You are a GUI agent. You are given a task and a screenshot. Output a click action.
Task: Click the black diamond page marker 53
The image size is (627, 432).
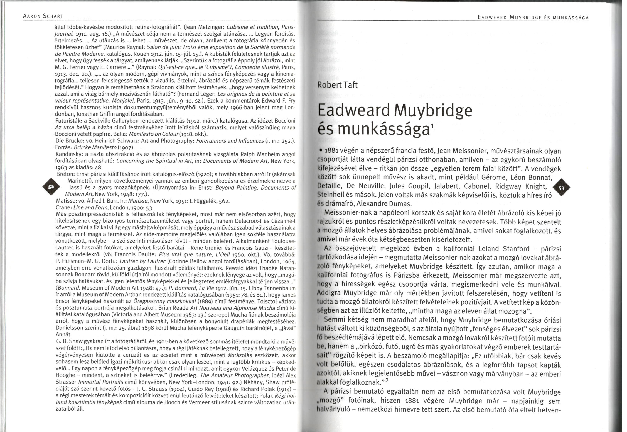pyautogui.click(x=562, y=188)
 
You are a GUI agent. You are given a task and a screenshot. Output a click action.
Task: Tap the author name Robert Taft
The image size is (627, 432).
pyautogui.click(x=337, y=85)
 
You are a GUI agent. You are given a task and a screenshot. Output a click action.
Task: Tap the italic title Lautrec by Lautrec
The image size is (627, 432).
pyautogui.click(x=142, y=261)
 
